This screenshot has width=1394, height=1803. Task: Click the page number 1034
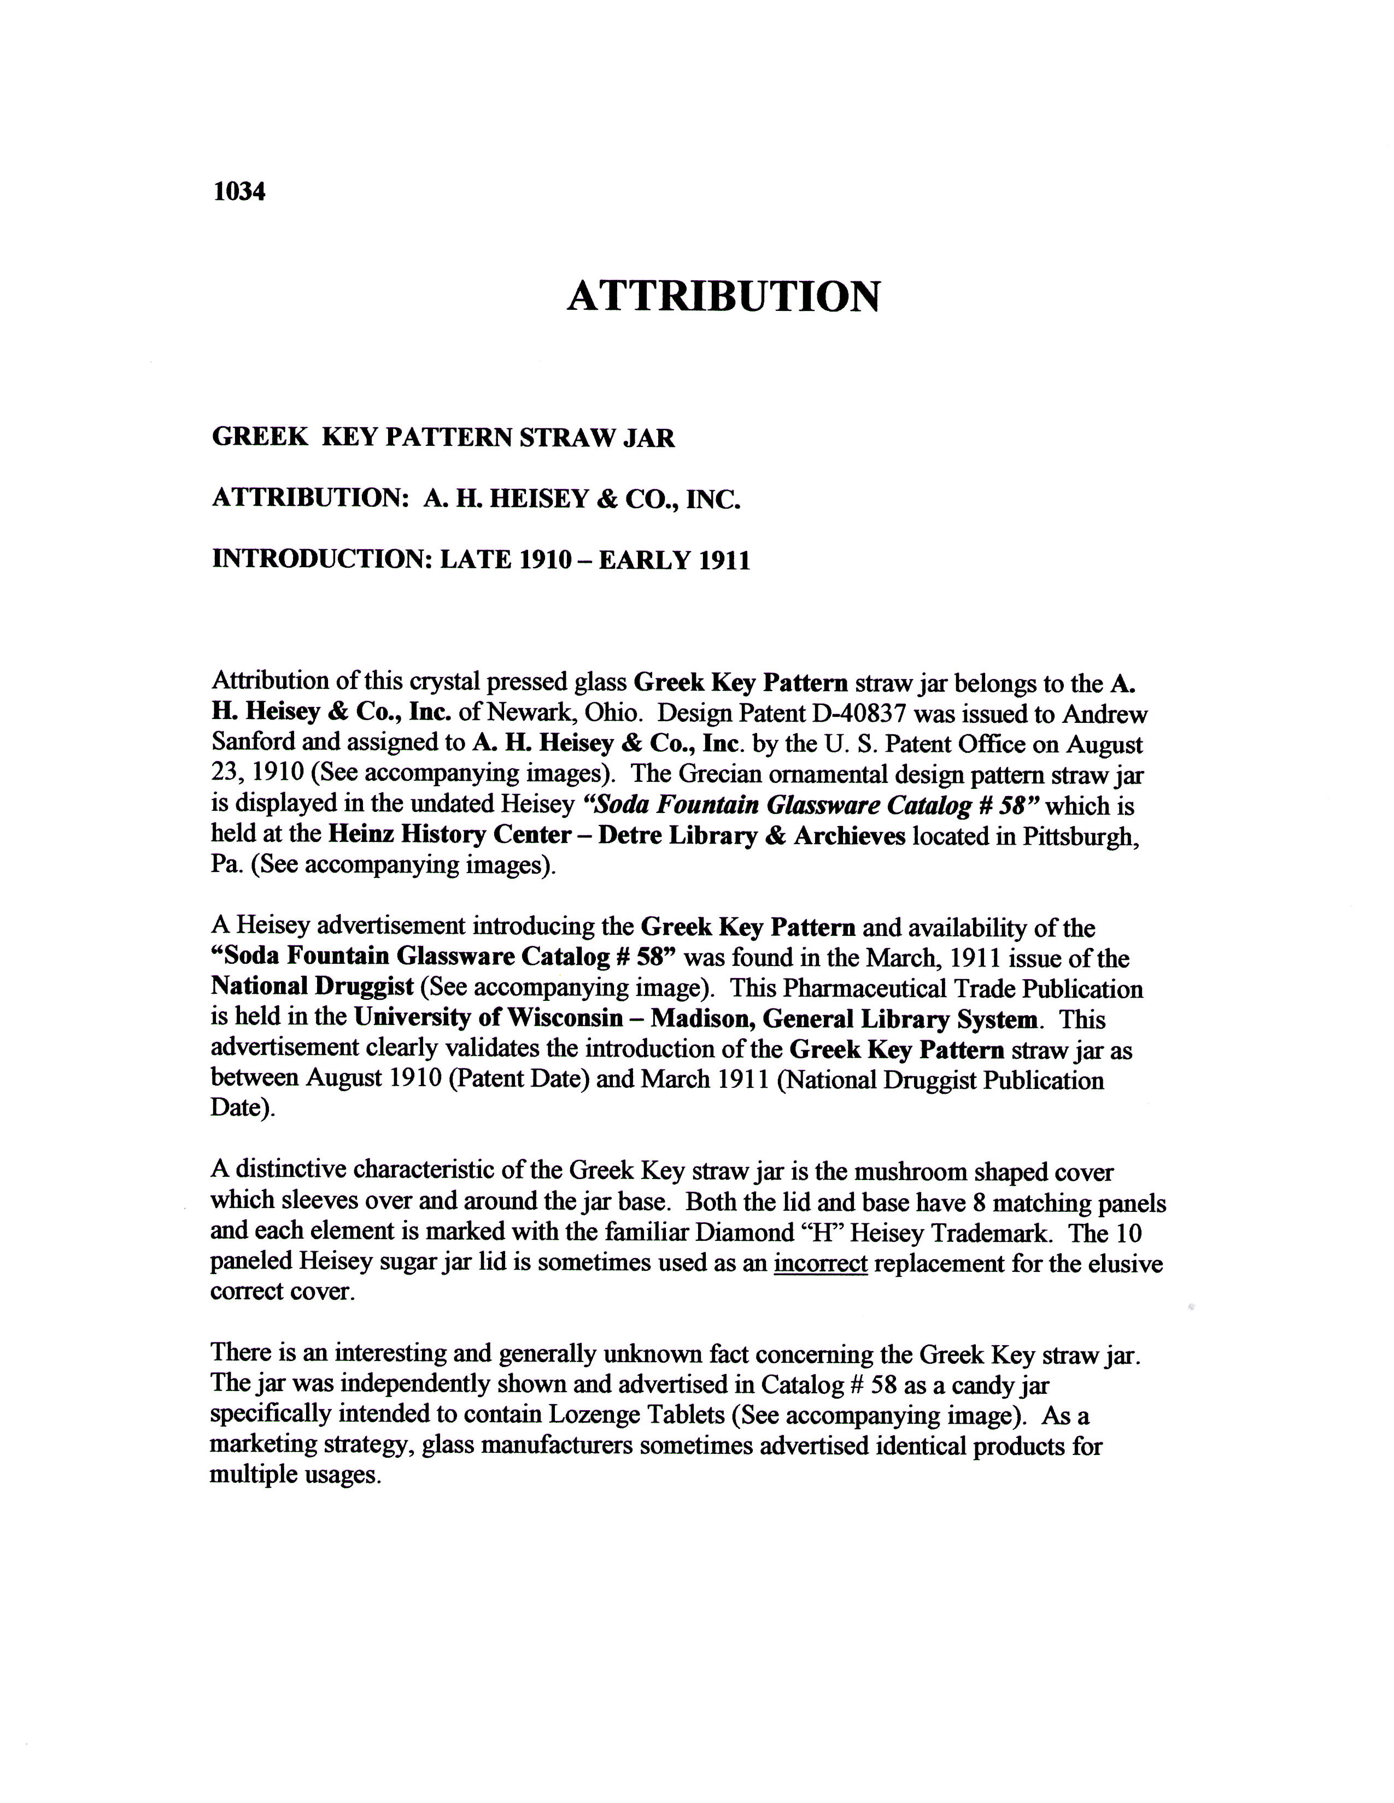(239, 192)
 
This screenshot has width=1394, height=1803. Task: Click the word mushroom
(909, 1172)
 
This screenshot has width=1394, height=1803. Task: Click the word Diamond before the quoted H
(744, 1233)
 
